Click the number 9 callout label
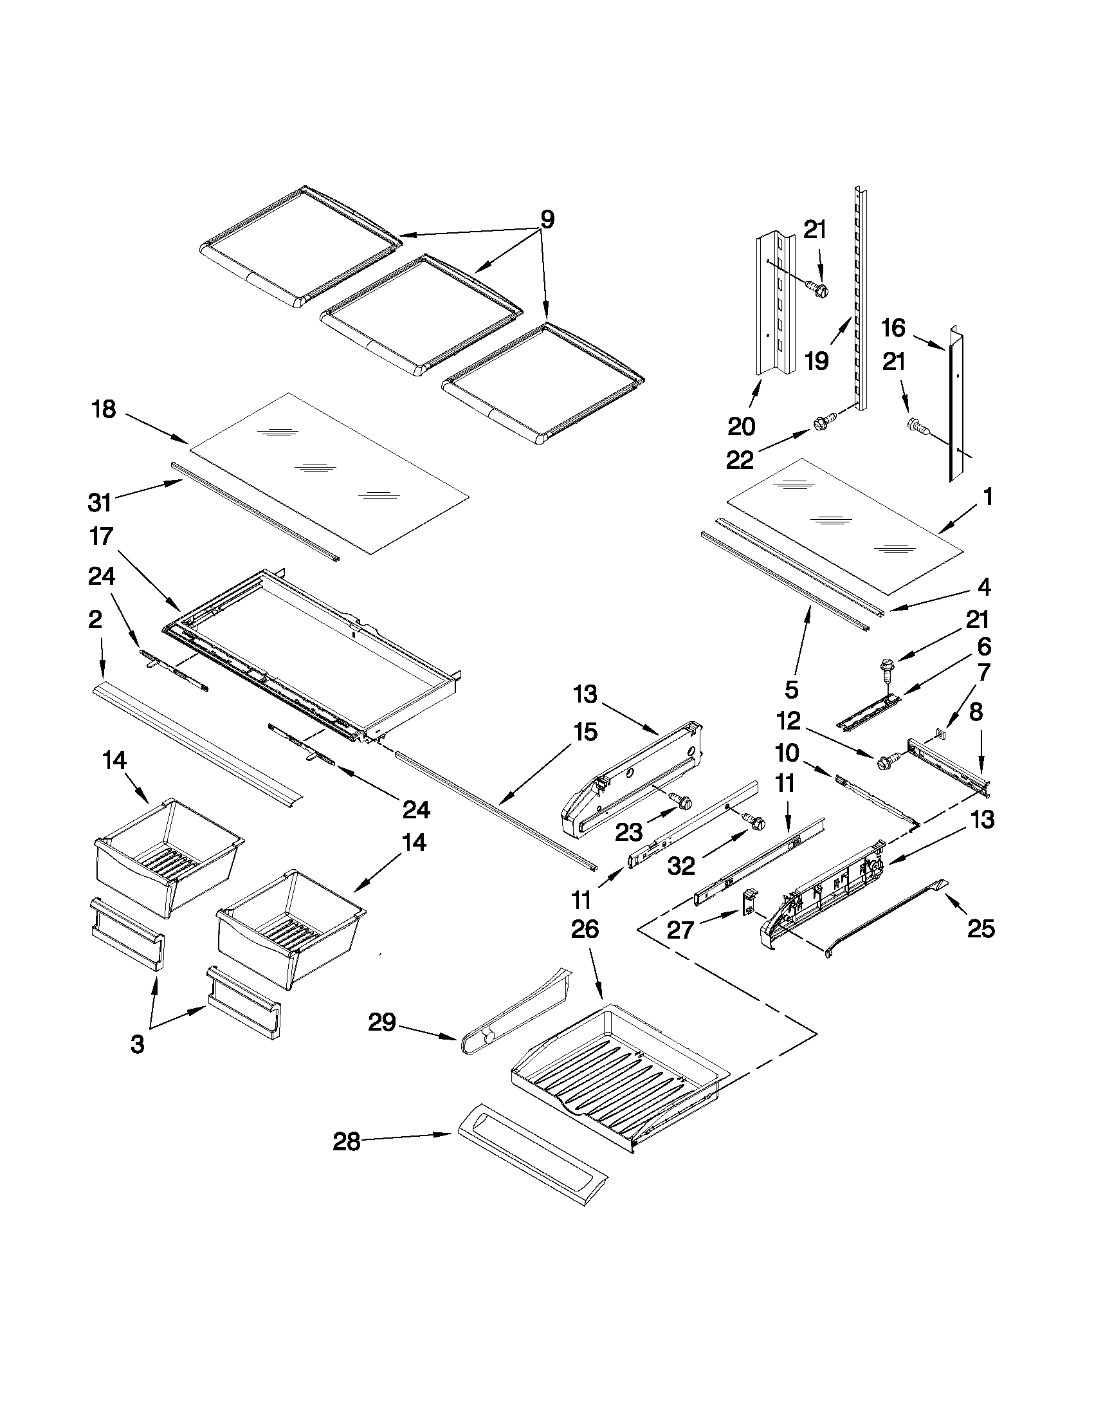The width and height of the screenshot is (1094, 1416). click(x=547, y=220)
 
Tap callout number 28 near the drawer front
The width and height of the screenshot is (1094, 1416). click(x=346, y=1142)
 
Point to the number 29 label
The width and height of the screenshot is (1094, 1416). click(x=383, y=1022)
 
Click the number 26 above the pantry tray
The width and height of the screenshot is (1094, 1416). click(x=585, y=929)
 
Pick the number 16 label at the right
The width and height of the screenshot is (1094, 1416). click(x=893, y=328)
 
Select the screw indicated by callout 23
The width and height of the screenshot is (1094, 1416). click(x=682, y=803)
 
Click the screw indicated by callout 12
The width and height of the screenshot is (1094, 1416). click(x=886, y=762)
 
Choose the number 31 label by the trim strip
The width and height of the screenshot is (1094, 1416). click(x=100, y=502)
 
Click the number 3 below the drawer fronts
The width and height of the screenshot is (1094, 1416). click(x=138, y=1045)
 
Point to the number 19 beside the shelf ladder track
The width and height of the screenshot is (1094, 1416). click(x=817, y=360)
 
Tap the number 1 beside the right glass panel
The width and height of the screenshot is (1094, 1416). click(x=987, y=497)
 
